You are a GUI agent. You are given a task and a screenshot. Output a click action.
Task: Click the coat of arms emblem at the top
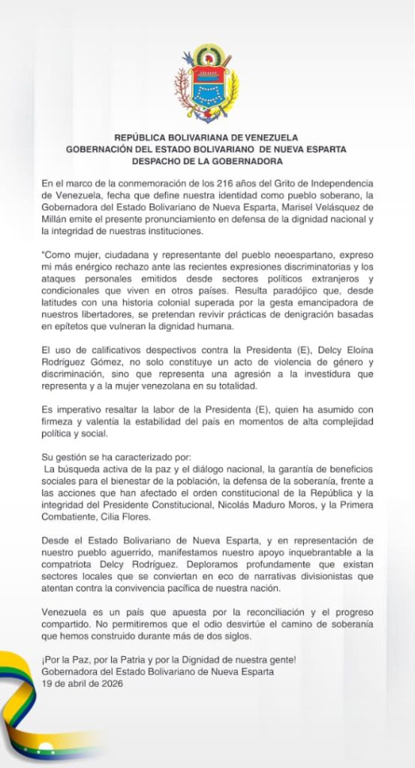[x=206, y=84]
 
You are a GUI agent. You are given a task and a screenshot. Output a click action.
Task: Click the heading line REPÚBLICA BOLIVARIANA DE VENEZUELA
[x=206, y=137]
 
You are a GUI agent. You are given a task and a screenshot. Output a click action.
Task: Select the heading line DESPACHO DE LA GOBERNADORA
[x=206, y=160]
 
